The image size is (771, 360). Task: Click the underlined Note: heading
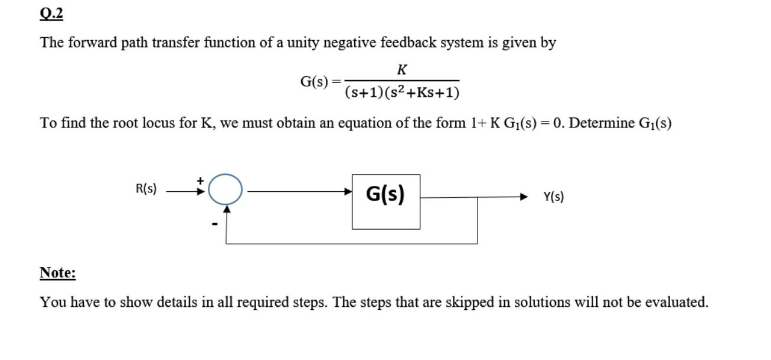tap(57, 273)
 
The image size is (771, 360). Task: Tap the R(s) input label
tap(146, 189)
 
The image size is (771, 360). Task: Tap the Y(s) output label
tap(553, 197)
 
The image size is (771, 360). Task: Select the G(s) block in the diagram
tap(386, 201)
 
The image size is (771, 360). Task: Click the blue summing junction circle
tap(225, 189)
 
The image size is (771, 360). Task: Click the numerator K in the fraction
tap(401, 70)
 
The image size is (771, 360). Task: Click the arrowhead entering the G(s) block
tap(348, 191)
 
